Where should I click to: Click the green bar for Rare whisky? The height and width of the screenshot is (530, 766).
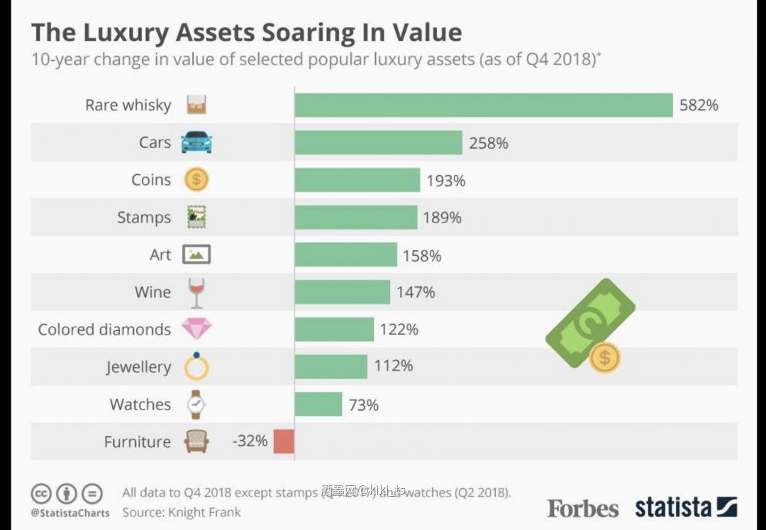[x=483, y=105]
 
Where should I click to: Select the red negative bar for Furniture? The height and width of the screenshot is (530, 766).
[x=284, y=441]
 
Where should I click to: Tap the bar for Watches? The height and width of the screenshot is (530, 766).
[x=318, y=405]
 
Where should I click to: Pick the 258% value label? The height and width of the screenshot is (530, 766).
[x=489, y=143]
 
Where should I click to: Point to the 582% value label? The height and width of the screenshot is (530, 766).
[x=699, y=106]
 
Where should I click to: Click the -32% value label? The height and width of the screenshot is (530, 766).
[x=250, y=441]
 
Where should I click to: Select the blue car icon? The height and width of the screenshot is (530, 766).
[x=196, y=142]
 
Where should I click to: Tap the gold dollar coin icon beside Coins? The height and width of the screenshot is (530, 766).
[x=196, y=180]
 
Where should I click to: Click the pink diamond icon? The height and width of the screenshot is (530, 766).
[x=196, y=329]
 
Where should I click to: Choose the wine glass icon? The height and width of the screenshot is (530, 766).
[x=196, y=292]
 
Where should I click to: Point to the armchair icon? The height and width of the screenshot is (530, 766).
[x=196, y=441]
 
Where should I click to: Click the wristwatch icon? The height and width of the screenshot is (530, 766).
[x=196, y=404]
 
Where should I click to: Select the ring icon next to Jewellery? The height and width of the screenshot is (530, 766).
[x=196, y=366]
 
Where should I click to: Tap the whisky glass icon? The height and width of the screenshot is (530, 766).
[x=196, y=105]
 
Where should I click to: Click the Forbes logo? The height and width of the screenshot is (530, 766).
[x=582, y=508]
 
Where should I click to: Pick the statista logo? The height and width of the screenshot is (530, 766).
[x=685, y=507]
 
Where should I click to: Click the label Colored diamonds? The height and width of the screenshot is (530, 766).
[x=104, y=329]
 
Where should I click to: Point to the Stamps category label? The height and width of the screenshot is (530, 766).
[x=144, y=218]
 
